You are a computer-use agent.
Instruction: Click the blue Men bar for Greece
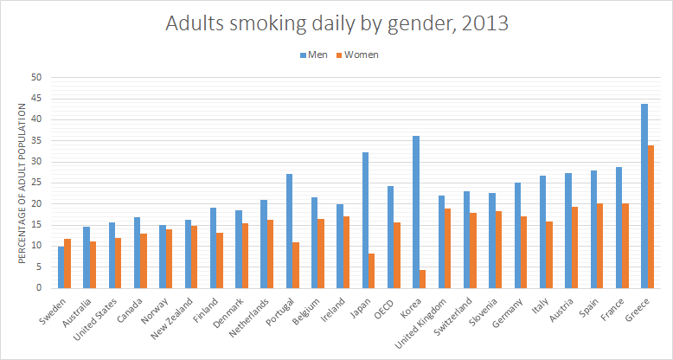[644, 196]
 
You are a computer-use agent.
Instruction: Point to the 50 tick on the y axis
[36, 77]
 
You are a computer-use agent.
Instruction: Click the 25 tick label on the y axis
[36, 183]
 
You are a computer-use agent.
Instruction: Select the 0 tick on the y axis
[39, 288]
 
